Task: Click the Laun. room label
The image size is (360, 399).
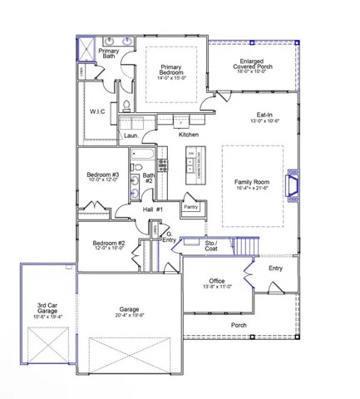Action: click(131, 134)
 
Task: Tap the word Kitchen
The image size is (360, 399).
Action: click(189, 134)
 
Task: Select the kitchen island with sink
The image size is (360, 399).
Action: click(194, 166)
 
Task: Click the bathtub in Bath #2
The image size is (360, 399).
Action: click(141, 155)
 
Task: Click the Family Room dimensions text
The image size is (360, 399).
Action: click(253, 189)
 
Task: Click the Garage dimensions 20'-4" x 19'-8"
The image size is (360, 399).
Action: click(130, 315)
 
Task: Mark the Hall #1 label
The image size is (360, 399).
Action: click(151, 209)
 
